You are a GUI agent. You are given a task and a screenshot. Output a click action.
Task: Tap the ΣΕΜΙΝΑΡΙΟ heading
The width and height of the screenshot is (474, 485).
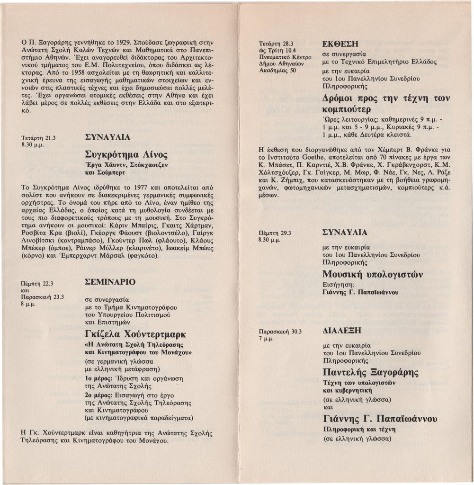click(110, 282)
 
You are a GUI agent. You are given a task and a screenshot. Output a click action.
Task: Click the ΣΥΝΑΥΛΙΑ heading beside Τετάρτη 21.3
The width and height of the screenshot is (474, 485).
click(107, 137)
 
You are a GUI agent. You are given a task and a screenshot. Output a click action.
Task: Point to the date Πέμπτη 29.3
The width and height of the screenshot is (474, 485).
click(275, 233)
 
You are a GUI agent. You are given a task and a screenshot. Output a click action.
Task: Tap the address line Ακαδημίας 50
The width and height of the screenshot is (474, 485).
click(277, 70)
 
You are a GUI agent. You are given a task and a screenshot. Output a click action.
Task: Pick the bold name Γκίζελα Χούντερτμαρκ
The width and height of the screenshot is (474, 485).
click(135, 334)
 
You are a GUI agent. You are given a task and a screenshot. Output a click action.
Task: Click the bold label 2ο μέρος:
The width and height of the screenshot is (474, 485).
click(98, 395)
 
